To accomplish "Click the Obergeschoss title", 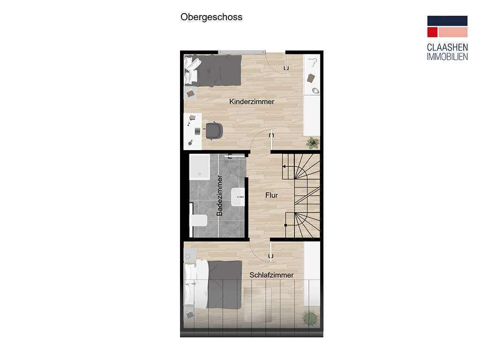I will tap(211, 17).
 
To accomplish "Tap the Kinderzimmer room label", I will tap(252, 102).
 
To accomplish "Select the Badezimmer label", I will tap(220, 195).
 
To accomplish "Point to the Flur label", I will tap(272, 195).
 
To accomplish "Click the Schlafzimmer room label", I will tap(271, 275).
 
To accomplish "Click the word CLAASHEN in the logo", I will tap(447, 48).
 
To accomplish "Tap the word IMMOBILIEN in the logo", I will tap(447, 57).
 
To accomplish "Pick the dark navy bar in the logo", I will tap(447, 21).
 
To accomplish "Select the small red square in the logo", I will tap(432, 32).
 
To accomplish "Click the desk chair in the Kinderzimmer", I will tap(214, 130).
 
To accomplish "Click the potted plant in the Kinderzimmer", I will tap(312, 142).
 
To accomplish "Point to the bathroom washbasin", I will tap(238, 197).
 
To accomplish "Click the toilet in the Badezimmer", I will tap(199, 220).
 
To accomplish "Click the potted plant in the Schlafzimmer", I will tap(309, 318).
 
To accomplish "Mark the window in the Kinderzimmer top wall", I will tap(242, 52).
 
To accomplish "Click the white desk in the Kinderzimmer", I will tap(192, 131).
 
